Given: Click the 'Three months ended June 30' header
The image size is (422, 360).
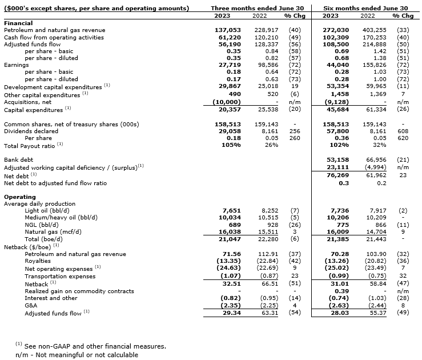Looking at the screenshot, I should click(x=257, y=8).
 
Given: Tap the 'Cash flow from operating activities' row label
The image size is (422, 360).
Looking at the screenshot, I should click(x=54, y=37).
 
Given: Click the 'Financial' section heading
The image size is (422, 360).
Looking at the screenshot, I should click(x=18, y=23).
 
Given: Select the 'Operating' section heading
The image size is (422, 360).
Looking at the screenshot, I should click(x=20, y=197).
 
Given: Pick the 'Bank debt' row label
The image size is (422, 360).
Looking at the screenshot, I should click(x=19, y=160).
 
